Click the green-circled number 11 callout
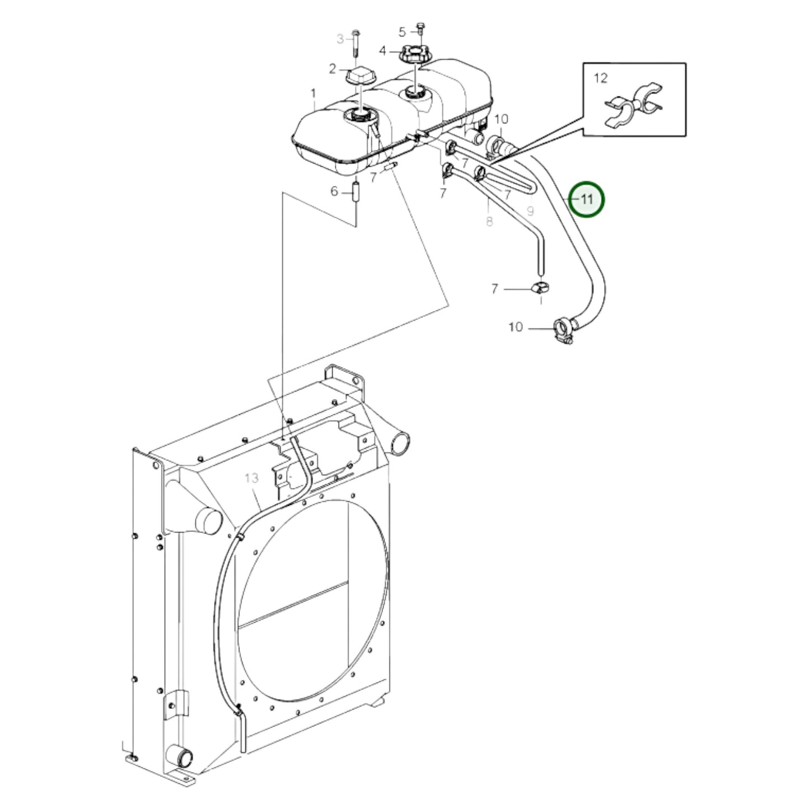tap(587, 199)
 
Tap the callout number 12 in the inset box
tap(601, 78)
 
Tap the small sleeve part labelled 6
tap(356, 197)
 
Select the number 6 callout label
tap(334, 191)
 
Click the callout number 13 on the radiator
tap(251, 478)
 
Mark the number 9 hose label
tap(530, 211)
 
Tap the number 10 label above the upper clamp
tap(501, 119)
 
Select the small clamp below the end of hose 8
tap(541, 288)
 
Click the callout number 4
tap(382, 51)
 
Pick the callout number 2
tap(333, 68)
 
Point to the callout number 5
tap(402, 31)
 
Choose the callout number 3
tap(340, 39)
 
